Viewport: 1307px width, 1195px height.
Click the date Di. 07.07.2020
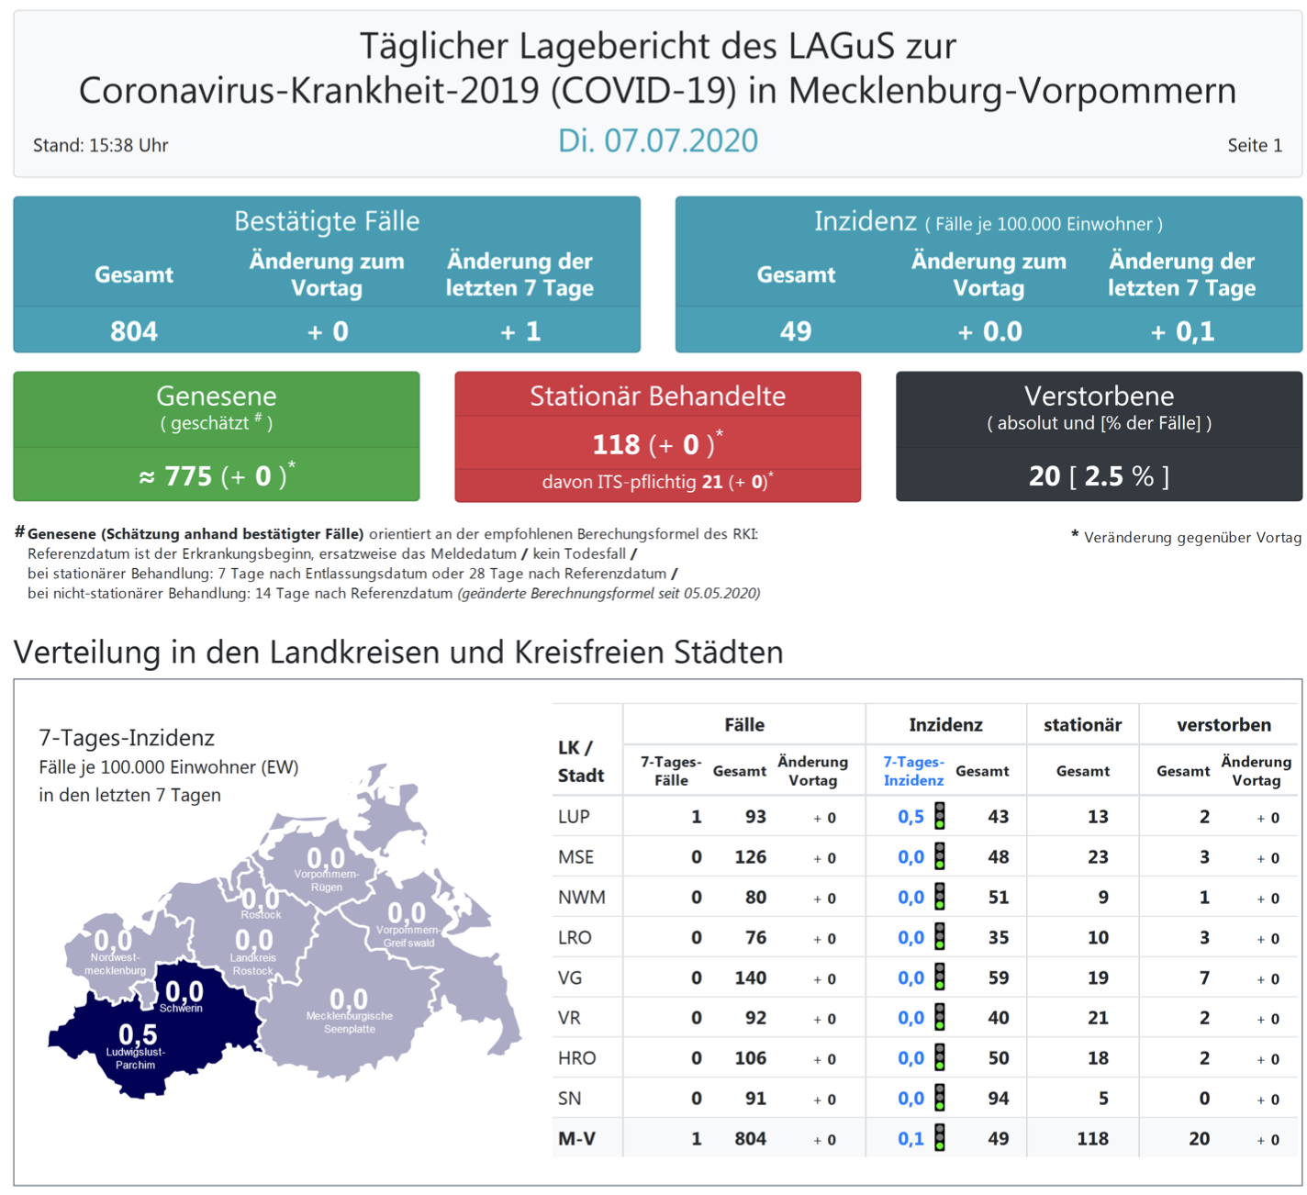pos(657,140)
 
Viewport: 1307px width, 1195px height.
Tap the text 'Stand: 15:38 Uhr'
pos(100,145)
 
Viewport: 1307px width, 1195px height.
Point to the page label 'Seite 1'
pos(1255,145)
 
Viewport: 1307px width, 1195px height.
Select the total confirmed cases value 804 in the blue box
pos(134,331)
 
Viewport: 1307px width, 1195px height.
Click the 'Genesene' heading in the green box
pos(217,396)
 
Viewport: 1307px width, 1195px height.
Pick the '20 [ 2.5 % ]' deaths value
pos(1099,475)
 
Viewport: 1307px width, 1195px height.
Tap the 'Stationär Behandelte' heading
pos(657,396)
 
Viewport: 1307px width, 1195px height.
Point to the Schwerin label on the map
pos(181,1008)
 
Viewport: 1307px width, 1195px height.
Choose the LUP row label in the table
pos(574,817)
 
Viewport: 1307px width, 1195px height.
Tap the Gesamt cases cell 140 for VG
pos(750,977)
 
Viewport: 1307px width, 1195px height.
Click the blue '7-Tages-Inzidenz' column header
pos(913,771)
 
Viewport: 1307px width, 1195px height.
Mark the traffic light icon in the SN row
pos(940,1098)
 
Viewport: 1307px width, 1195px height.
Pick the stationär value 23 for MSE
pos(1098,857)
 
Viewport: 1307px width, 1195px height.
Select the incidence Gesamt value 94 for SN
pos(998,1099)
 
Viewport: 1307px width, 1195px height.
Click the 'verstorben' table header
pos(1223,725)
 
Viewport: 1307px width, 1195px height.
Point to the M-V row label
pos(576,1139)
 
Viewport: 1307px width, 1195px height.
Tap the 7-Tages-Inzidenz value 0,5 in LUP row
pos(910,817)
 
